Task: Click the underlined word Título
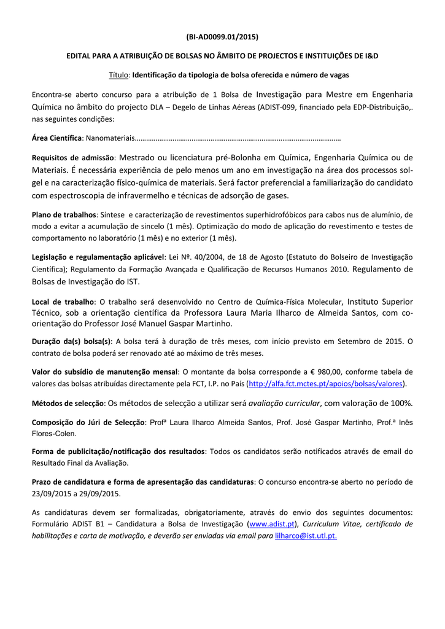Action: point(118,74)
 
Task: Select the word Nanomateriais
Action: point(108,138)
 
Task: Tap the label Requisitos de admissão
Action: point(73,157)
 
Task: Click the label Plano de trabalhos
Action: point(64,214)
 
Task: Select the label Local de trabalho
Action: point(63,302)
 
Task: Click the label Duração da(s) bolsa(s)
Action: point(71,342)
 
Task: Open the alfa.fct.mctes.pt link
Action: point(326,383)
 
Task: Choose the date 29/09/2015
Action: point(101,493)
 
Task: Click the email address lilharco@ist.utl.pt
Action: point(306,536)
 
